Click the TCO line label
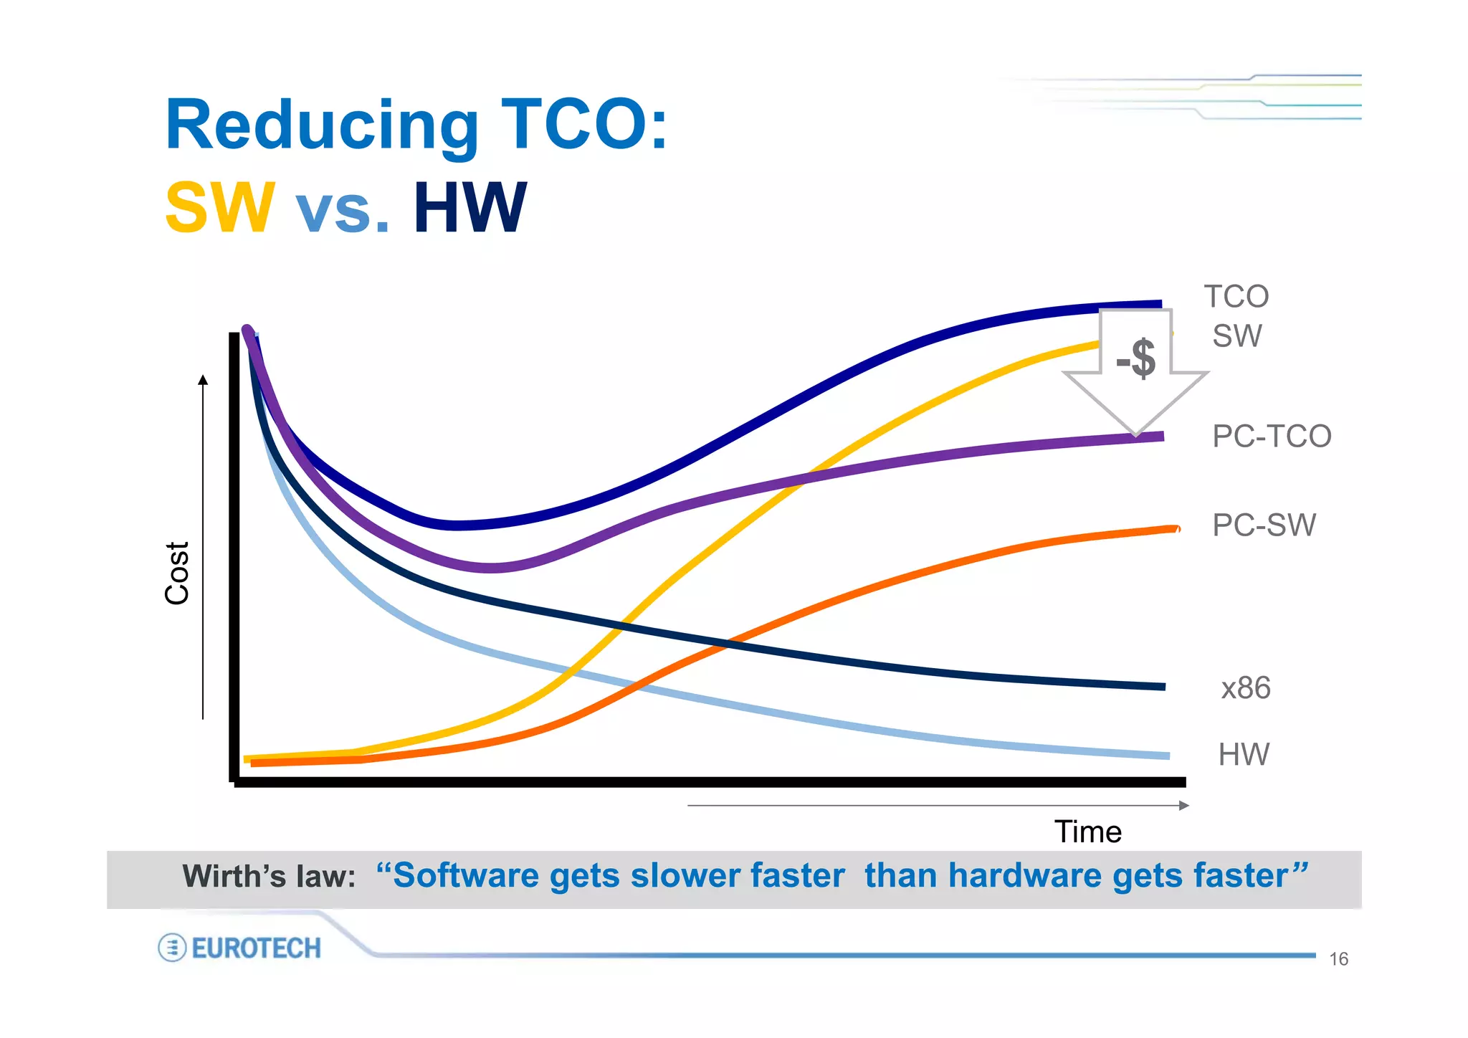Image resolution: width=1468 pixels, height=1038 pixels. pyautogui.click(x=1236, y=297)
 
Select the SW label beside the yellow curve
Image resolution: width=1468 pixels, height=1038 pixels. pyautogui.click(x=1236, y=336)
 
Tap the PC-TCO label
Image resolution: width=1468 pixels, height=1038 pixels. pyautogui.click(x=1271, y=437)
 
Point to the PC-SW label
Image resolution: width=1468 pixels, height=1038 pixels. pyautogui.click(x=1264, y=525)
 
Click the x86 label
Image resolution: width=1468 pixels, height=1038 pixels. pyautogui.click(x=1246, y=688)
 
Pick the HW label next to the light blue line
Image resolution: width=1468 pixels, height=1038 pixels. pyautogui.click(x=1244, y=755)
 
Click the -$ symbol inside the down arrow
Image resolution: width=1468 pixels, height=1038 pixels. pyautogui.click(x=1136, y=358)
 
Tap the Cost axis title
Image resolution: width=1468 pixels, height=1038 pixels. pyautogui.click(x=177, y=573)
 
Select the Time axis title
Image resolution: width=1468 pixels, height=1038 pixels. pyautogui.click(x=1087, y=832)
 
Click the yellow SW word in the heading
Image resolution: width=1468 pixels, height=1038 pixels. pyautogui.click(x=220, y=208)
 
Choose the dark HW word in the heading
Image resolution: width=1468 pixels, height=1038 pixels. pyautogui.click(x=470, y=208)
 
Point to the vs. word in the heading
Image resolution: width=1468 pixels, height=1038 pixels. pyautogui.click(x=343, y=208)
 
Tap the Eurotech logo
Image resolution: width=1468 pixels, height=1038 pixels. pyautogui.click(x=240, y=948)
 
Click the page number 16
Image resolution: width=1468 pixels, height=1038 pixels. pyautogui.click(x=1338, y=959)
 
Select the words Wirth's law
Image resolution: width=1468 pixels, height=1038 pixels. pyautogui.click(x=269, y=877)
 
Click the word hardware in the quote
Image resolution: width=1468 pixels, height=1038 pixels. pyautogui.click(x=1026, y=876)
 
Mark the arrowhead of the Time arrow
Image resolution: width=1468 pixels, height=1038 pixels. pyautogui.click(x=1184, y=806)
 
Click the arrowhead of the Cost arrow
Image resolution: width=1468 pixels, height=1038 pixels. pyautogui.click(x=203, y=380)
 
